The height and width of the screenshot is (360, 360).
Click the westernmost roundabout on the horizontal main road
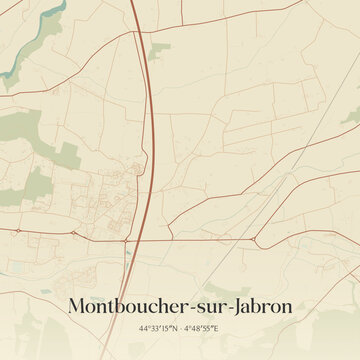(17, 231)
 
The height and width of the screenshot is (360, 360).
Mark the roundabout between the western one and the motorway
(74, 232)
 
